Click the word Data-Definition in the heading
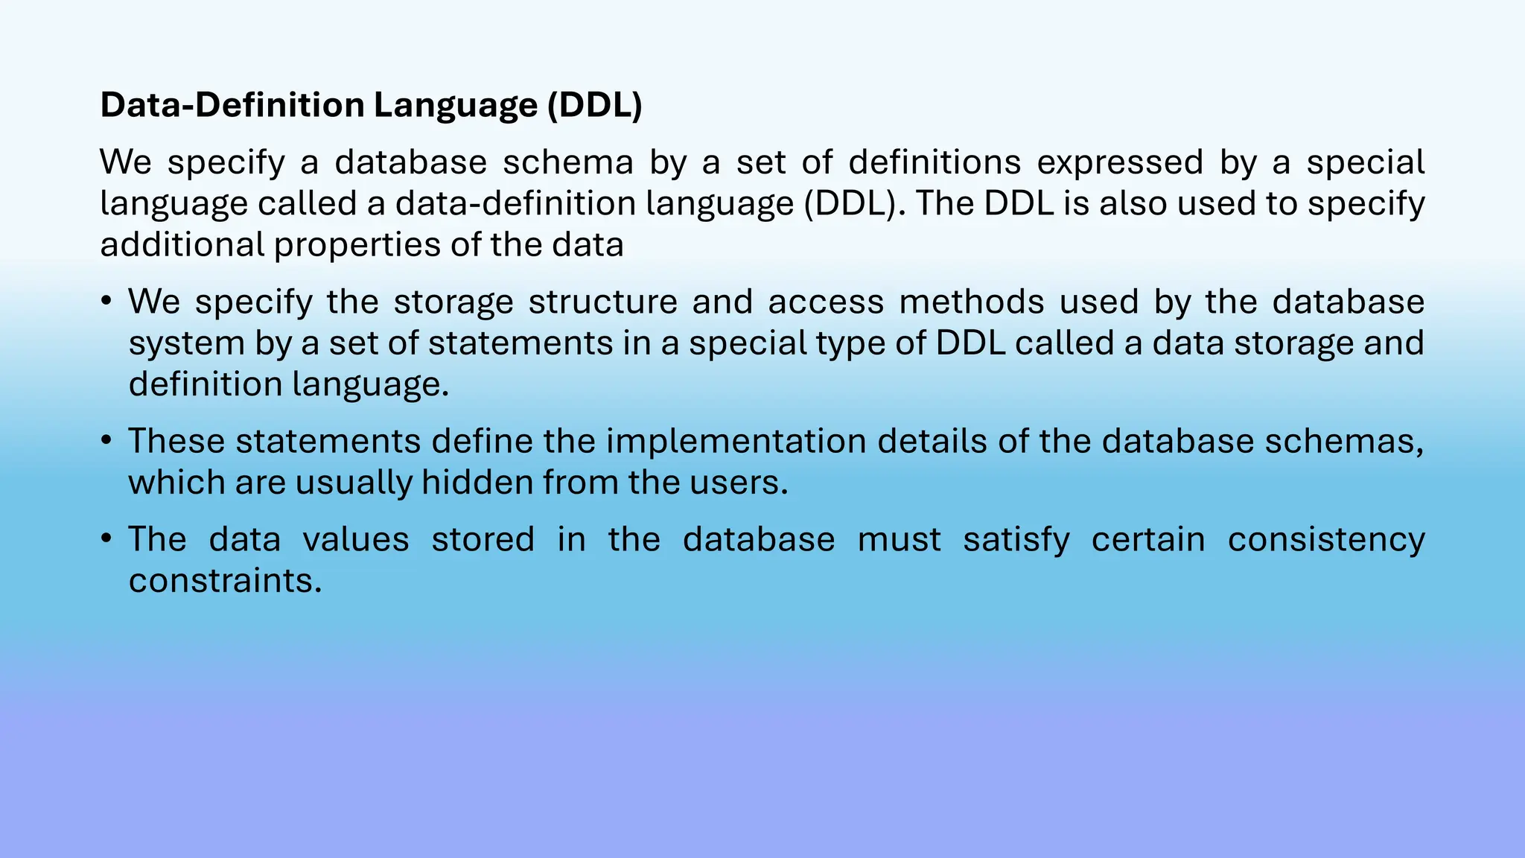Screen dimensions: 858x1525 [232, 105]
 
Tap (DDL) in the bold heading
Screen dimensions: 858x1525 [594, 105]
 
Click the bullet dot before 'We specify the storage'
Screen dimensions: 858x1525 [106, 302]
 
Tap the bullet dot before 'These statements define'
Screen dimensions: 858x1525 [106, 441]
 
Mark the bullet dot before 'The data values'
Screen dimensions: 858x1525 [106, 539]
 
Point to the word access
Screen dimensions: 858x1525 [826, 302]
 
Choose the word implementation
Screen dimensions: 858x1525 [736, 441]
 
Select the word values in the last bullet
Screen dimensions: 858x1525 [356, 539]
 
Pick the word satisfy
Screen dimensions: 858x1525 [1016, 539]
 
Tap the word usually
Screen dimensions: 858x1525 [354, 483]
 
